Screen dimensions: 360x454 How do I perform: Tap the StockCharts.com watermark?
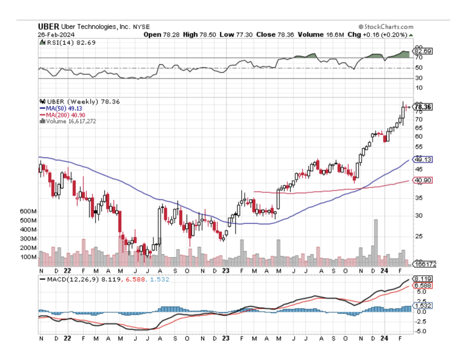386,27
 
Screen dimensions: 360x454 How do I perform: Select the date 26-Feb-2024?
57,35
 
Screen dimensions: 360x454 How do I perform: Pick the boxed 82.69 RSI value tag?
422,51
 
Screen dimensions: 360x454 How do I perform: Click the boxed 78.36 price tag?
423,107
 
